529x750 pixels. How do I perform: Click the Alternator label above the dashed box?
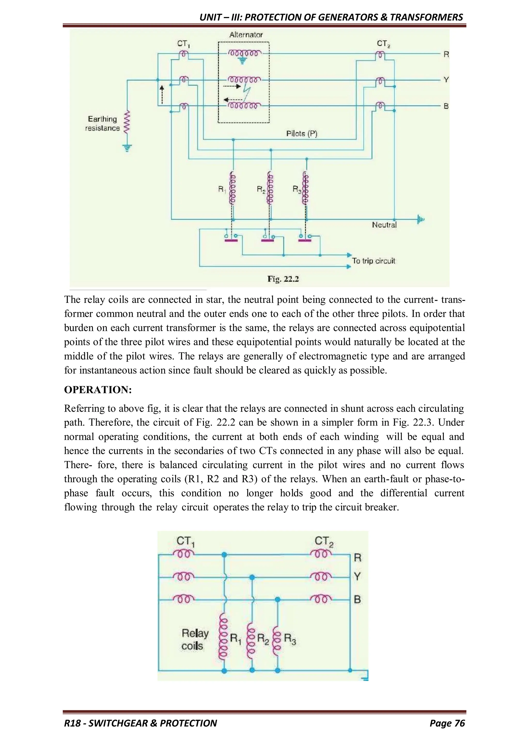pyautogui.click(x=246, y=35)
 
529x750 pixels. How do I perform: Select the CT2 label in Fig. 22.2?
pyautogui.click(x=383, y=43)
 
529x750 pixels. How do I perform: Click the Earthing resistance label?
pyautogui.click(x=102, y=124)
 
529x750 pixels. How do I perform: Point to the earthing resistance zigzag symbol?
pyautogui.click(x=127, y=122)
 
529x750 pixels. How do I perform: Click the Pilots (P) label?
pyautogui.click(x=301, y=134)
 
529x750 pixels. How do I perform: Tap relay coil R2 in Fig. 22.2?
pyautogui.click(x=270, y=188)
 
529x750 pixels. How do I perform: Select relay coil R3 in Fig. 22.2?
pyautogui.click(x=306, y=188)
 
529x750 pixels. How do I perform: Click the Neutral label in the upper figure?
pyautogui.click(x=384, y=225)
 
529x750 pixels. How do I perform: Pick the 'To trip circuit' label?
pyautogui.click(x=373, y=261)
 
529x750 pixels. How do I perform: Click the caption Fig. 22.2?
pyautogui.click(x=283, y=279)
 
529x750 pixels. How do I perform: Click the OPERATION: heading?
pyautogui.click(x=98, y=390)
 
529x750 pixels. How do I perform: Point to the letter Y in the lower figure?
pyautogui.click(x=357, y=577)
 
